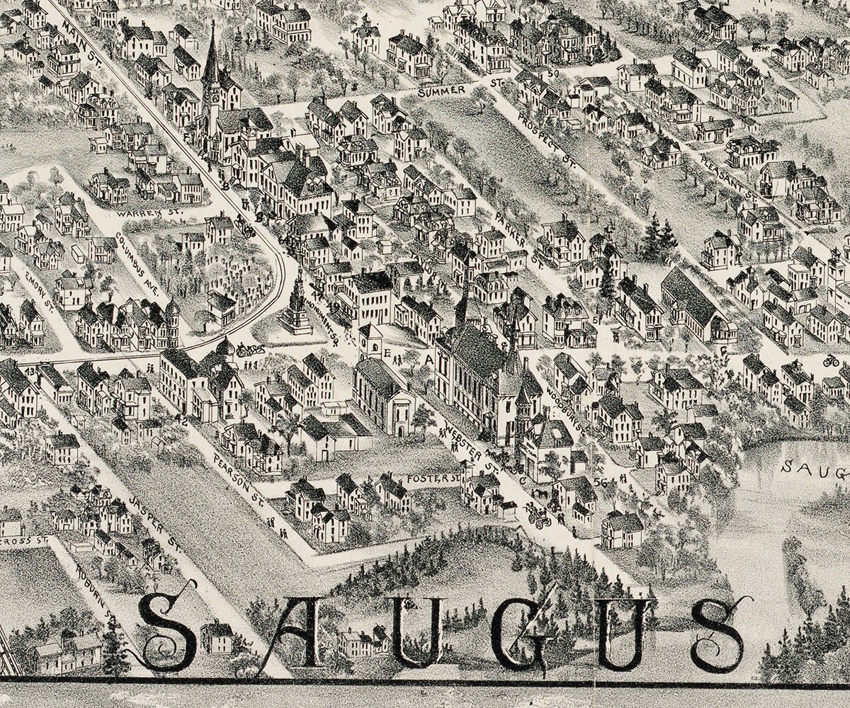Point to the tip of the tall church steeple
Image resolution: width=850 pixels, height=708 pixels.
click(x=211, y=24)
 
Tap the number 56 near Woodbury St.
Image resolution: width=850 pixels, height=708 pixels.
click(x=602, y=482)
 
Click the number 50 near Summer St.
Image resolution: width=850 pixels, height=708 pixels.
click(x=553, y=73)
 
